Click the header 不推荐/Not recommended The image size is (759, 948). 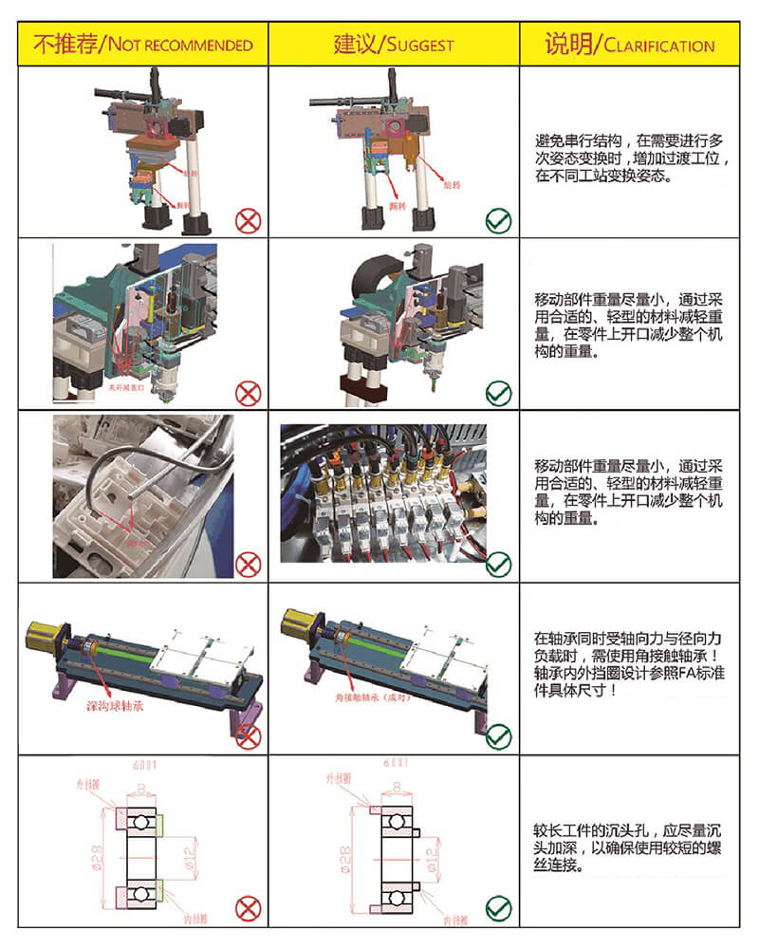coord(143,44)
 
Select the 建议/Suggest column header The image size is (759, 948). coord(393,44)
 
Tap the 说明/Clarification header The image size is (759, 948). coord(629,44)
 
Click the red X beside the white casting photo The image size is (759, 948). coord(248,564)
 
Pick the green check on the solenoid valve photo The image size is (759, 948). coord(498,564)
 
